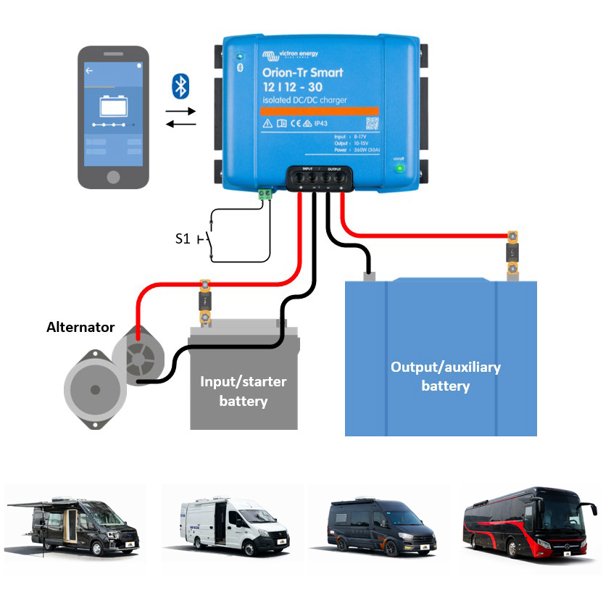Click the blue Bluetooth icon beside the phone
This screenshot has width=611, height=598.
pos(180,86)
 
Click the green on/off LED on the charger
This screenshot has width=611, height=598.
pos(399,169)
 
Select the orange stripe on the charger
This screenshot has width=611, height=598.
pos(319,112)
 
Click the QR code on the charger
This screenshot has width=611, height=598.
pos(372,123)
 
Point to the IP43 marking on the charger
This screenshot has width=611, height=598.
pos(320,124)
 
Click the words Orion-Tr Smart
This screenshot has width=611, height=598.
pos(302,72)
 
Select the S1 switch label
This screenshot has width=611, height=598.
pos(183,238)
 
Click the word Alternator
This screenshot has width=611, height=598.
pos(80,327)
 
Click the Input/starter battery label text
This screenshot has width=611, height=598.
pos(244,391)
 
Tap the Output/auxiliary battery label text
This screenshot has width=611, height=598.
pos(445,376)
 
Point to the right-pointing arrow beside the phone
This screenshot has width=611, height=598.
pos(180,112)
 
